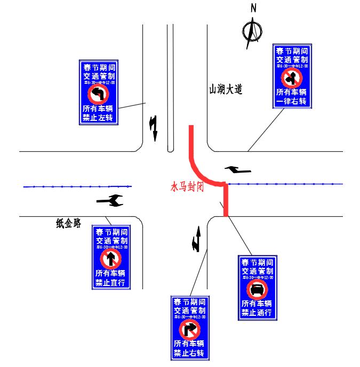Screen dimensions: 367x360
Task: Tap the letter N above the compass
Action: [254, 7]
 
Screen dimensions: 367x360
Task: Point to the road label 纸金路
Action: [68, 224]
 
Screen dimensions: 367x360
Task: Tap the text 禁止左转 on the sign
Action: [99, 118]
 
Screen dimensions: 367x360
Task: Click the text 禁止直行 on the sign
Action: [111, 282]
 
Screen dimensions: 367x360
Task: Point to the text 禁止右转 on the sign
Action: [189, 353]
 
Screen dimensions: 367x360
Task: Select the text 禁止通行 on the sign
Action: [258, 313]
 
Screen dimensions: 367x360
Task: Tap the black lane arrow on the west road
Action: [111, 201]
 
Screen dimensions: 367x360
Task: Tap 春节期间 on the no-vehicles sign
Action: [258, 263]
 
